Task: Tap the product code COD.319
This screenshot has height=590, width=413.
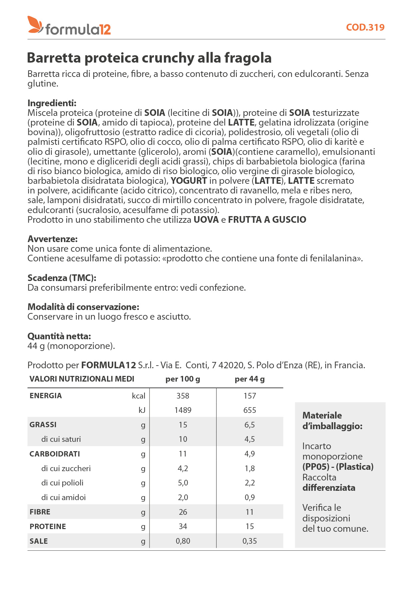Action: [365, 27]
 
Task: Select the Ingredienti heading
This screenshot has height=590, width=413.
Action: [52, 103]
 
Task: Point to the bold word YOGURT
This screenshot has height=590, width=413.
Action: [189, 181]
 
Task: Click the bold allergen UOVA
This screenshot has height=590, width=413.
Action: [206, 220]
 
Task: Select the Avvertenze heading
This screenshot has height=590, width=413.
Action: [53, 239]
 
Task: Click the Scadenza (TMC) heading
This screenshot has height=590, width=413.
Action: [62, 278]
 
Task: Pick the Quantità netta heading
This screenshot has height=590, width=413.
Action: [59, 336]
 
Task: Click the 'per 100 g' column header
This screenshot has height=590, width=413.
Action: [183, 379]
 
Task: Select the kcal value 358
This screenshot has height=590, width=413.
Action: [183, 396]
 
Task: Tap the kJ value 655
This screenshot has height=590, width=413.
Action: [249, 410]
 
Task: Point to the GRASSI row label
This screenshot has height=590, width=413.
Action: [43, 425]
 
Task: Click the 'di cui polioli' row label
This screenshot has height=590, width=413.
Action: [62, 483]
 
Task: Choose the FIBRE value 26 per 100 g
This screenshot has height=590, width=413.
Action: [183, 512]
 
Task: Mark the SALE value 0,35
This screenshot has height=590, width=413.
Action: [249, 541]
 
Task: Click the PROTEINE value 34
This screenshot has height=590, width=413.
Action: [183, 526]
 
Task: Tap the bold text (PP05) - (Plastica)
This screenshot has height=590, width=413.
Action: [338, 467]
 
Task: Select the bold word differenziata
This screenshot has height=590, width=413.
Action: [329, 488]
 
